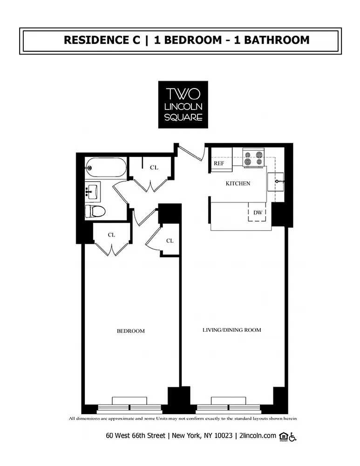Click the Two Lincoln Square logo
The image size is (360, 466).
point(183,104)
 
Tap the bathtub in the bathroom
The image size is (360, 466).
point(106,168)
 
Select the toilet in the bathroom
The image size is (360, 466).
point(95,211)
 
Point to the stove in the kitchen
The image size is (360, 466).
point(253,158)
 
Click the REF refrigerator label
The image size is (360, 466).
point(219,164)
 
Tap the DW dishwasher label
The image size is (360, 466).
point(258,212)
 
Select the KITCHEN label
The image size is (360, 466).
point(238,183)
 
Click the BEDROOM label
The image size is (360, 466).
point(131,331)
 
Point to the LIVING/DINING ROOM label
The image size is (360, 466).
point(231,330)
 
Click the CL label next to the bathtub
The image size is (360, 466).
point(154,168)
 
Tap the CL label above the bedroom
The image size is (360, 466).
point(111,235)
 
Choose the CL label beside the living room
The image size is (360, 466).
point(170,241)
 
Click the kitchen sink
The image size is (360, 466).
point(275,182)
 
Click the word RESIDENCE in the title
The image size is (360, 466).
point(102,40)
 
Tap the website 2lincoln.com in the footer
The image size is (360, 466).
point(258,436)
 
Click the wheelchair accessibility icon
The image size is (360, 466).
point(292,437)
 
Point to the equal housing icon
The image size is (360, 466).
point(283,436)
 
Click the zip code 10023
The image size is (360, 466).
point(224,436)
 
